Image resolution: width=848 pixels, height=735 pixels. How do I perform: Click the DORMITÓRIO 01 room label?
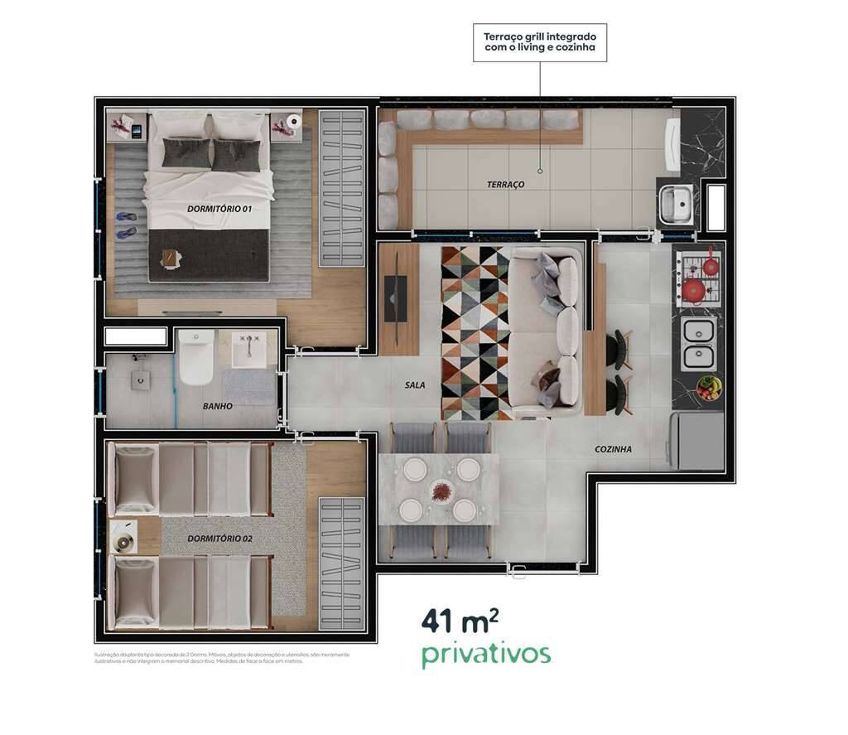click(219, 210)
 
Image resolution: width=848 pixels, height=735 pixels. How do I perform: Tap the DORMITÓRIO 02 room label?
click(219, 539)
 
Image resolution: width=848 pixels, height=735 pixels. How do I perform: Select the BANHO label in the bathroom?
click(218, 407)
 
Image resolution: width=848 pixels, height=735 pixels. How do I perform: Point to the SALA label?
click(415, 385)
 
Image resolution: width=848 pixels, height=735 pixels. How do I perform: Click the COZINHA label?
click(613, 449)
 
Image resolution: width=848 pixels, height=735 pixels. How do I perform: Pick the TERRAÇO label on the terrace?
click(505, 184)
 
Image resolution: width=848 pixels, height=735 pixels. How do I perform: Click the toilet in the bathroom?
click(196, 358)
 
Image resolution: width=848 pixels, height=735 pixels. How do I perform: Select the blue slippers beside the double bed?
click(126, 225)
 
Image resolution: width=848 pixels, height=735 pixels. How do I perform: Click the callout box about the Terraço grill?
click(540, 42)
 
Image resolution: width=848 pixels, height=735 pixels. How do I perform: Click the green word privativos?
click(485, 654)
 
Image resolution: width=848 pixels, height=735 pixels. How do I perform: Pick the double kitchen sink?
click(698, 343)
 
